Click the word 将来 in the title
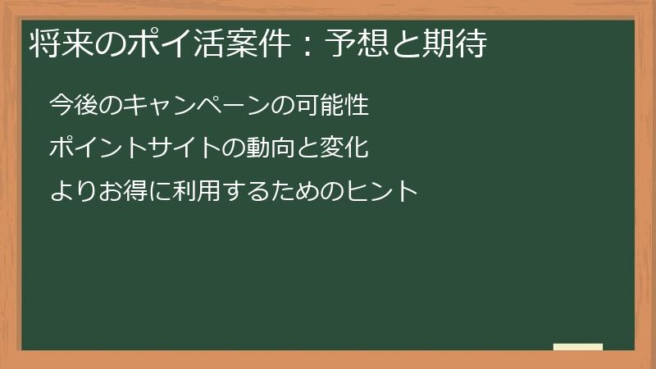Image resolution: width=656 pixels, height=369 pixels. [55, 45]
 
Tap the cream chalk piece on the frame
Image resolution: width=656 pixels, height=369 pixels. [578, 347]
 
